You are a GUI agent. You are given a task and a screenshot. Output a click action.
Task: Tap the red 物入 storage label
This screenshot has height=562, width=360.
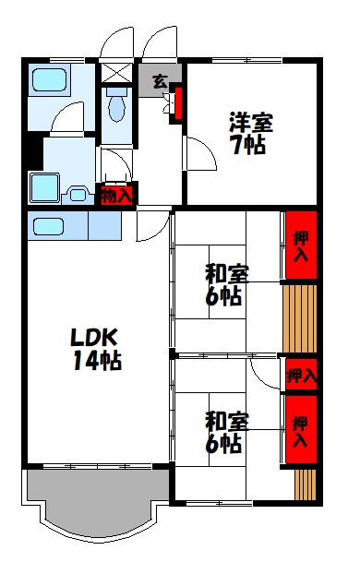[116, 196]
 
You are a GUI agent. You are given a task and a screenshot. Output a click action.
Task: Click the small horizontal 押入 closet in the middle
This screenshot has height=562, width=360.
[300, 376]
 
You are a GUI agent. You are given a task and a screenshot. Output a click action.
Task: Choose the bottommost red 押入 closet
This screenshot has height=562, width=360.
[301, 428]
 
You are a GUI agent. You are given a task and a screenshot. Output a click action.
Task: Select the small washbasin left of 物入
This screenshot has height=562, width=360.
[78, 195]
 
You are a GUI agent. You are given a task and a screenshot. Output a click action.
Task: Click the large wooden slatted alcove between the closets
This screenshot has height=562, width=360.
[301, 318]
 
